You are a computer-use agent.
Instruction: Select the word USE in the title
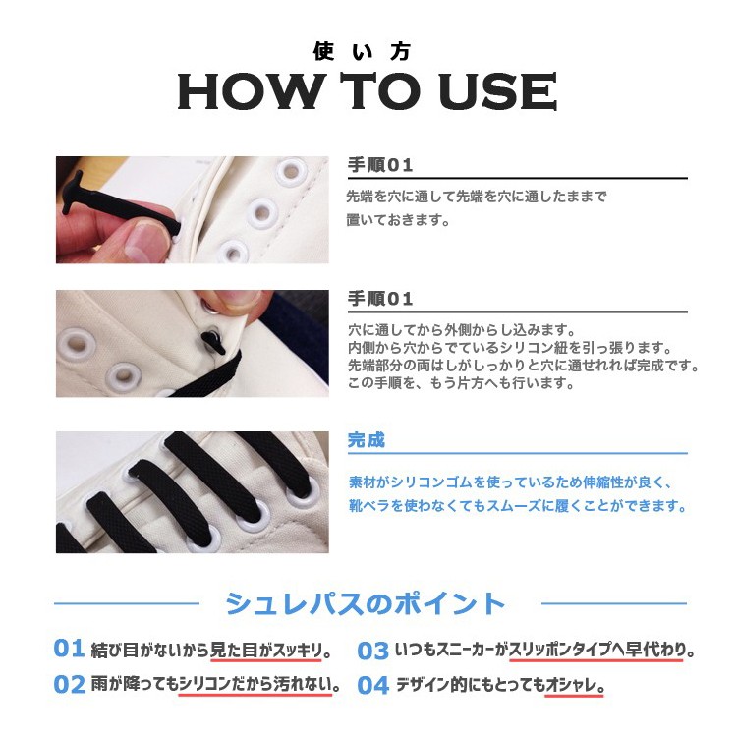[497, 93]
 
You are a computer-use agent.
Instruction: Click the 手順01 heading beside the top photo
[380, 164]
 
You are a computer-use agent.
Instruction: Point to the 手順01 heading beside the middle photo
[380, 299]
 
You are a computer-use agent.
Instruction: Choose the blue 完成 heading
[367, 440]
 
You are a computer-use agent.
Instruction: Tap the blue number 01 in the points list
[69, 649]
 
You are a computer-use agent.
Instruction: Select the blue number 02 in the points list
[69, 685]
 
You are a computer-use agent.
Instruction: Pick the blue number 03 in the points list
[372, 651]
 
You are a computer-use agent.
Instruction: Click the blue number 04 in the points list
[372, 686]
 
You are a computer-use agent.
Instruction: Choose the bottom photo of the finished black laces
[192, 491]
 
